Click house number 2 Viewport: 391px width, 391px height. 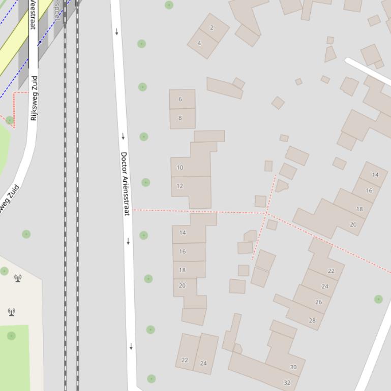[x=212, y=28]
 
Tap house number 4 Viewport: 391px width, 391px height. [x=199, y=43]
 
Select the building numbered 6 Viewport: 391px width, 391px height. [x=180, y=99]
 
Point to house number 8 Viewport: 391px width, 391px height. [x=180, y=118]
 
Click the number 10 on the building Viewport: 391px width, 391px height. [x=179, y=168]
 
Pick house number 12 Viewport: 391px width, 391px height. [x=179, y=186]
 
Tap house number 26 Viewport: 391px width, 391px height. [x=318, y=302]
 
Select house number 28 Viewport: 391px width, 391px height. [x=312, y=320]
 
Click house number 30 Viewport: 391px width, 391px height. [x=293, y=367]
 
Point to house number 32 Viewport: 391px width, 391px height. [x=287, y=382]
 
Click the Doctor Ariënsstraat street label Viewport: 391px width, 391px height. [x=125, y=183]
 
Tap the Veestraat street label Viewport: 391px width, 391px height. [x=33, y=14]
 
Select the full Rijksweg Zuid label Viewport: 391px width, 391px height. [x=34, y=98]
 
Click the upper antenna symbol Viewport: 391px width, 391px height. [x=18, y=278]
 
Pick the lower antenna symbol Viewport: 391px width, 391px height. [x=11, y=312]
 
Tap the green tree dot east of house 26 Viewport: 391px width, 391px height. [x=378, y=299]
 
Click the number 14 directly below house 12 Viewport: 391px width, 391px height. [x=183, y=233]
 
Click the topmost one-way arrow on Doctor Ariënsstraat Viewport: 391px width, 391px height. [x=116, y=32]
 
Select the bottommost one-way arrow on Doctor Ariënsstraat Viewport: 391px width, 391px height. [x=131, y=346]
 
